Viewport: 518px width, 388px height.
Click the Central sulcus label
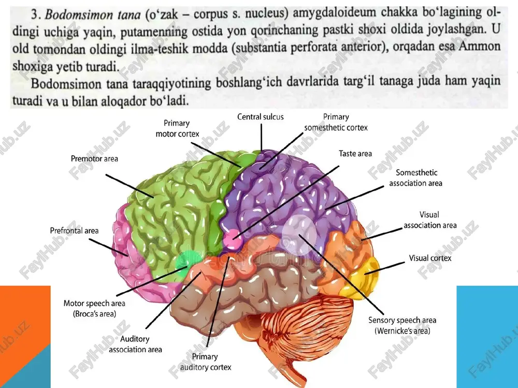coord(261,117)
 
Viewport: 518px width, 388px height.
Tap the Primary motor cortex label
coord(177,128)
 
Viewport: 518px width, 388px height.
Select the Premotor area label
coord(94,159)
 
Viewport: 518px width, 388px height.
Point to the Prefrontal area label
coord(74,231)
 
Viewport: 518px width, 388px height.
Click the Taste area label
coord(355,154)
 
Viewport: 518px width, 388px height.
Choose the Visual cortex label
coord(430,258)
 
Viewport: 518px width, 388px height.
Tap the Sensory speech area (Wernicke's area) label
coord(402,325)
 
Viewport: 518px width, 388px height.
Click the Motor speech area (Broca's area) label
coord(94,308)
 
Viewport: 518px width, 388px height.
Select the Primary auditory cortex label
coord(205,362)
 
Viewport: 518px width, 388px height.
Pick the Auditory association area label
coord(135,344)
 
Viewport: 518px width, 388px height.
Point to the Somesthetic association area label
coord(416,178)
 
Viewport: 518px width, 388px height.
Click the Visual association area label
coord(430,220)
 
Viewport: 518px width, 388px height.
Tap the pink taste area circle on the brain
coord(233,239)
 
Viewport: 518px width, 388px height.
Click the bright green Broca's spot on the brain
coord(185,261)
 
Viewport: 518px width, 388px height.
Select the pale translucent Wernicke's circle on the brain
coord(299,234)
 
